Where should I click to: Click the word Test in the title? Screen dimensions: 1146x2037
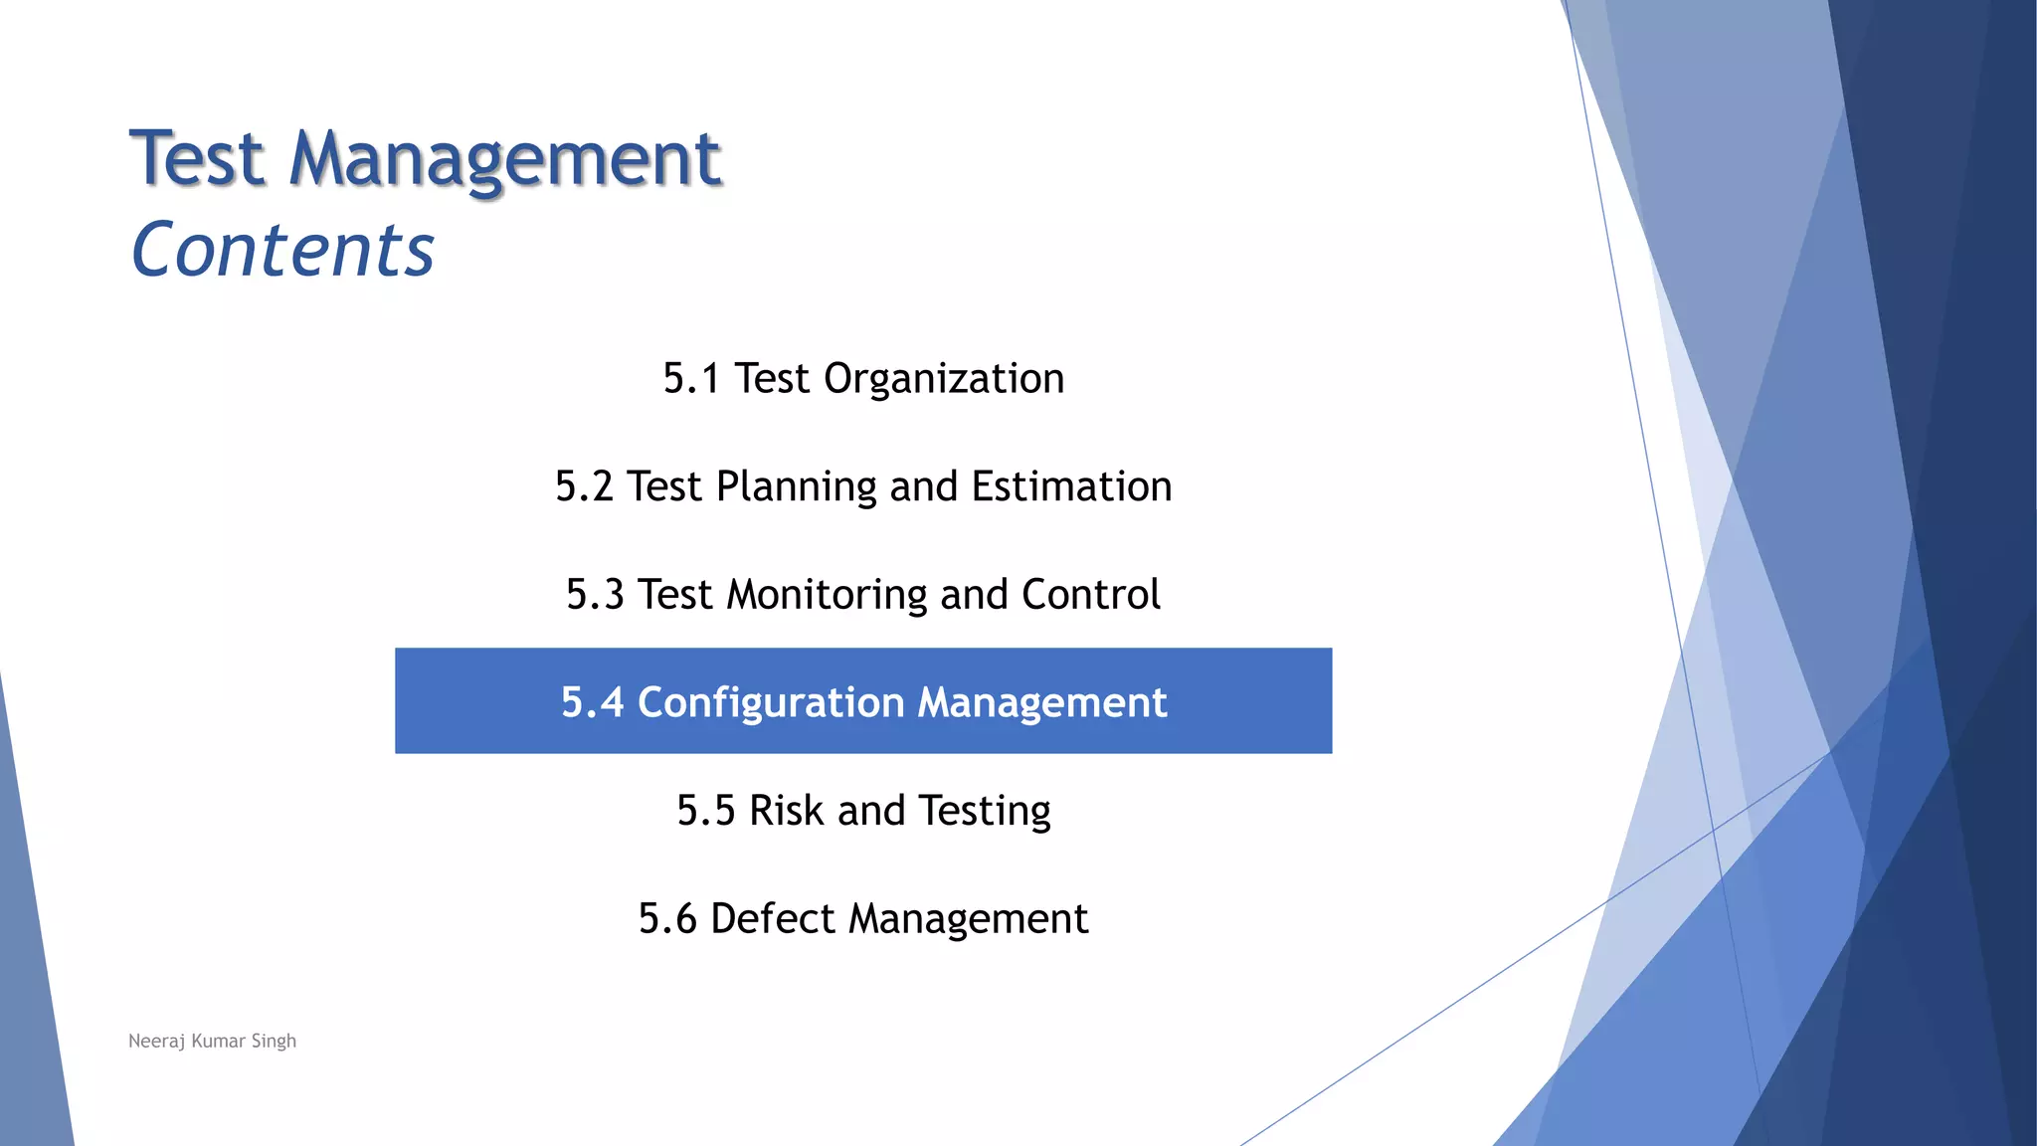[198, 159]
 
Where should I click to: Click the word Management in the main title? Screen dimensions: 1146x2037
[504, 159]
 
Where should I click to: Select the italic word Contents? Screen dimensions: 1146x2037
[283, 250]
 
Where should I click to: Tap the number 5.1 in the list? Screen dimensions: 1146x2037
[691, 379]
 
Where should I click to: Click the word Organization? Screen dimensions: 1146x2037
[944, 379]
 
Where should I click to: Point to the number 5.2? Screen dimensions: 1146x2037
[584, 487]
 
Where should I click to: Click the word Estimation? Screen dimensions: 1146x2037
[1071, 487]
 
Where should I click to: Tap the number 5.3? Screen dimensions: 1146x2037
[595, 595]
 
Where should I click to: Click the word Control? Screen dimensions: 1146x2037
[1091, 595]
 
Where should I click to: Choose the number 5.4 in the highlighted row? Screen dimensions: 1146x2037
[592, 702]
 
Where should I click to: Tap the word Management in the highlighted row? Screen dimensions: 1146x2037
[1041, 702]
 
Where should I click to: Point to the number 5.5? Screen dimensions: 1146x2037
[705, 811]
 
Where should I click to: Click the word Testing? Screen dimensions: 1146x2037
[984, 811]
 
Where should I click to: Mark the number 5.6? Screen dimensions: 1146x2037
[667, 918]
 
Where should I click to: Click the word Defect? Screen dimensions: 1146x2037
[772, 918]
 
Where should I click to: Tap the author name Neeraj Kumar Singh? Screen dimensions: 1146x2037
[213, 1042]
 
